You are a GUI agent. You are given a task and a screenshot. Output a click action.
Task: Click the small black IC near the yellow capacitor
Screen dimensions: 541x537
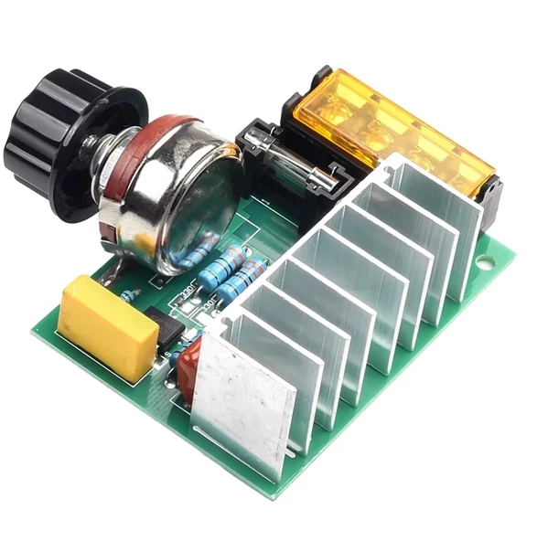click(x=168, y=334)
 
